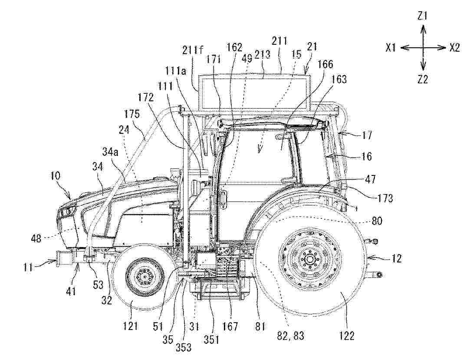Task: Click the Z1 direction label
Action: (x=422, y=16)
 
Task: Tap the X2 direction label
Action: (x=455, y=48)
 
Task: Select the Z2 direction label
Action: (x=423, y=79)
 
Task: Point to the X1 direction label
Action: (x=391, y=48)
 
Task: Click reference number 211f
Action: (x=193, y=50)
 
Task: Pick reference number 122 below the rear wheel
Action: (x=346, y=336)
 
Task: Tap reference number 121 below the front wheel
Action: (x=131, y=326)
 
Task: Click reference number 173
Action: (x=385, y=198)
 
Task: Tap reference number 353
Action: (x=184, y=348)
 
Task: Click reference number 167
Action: (x=230, y=326)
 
